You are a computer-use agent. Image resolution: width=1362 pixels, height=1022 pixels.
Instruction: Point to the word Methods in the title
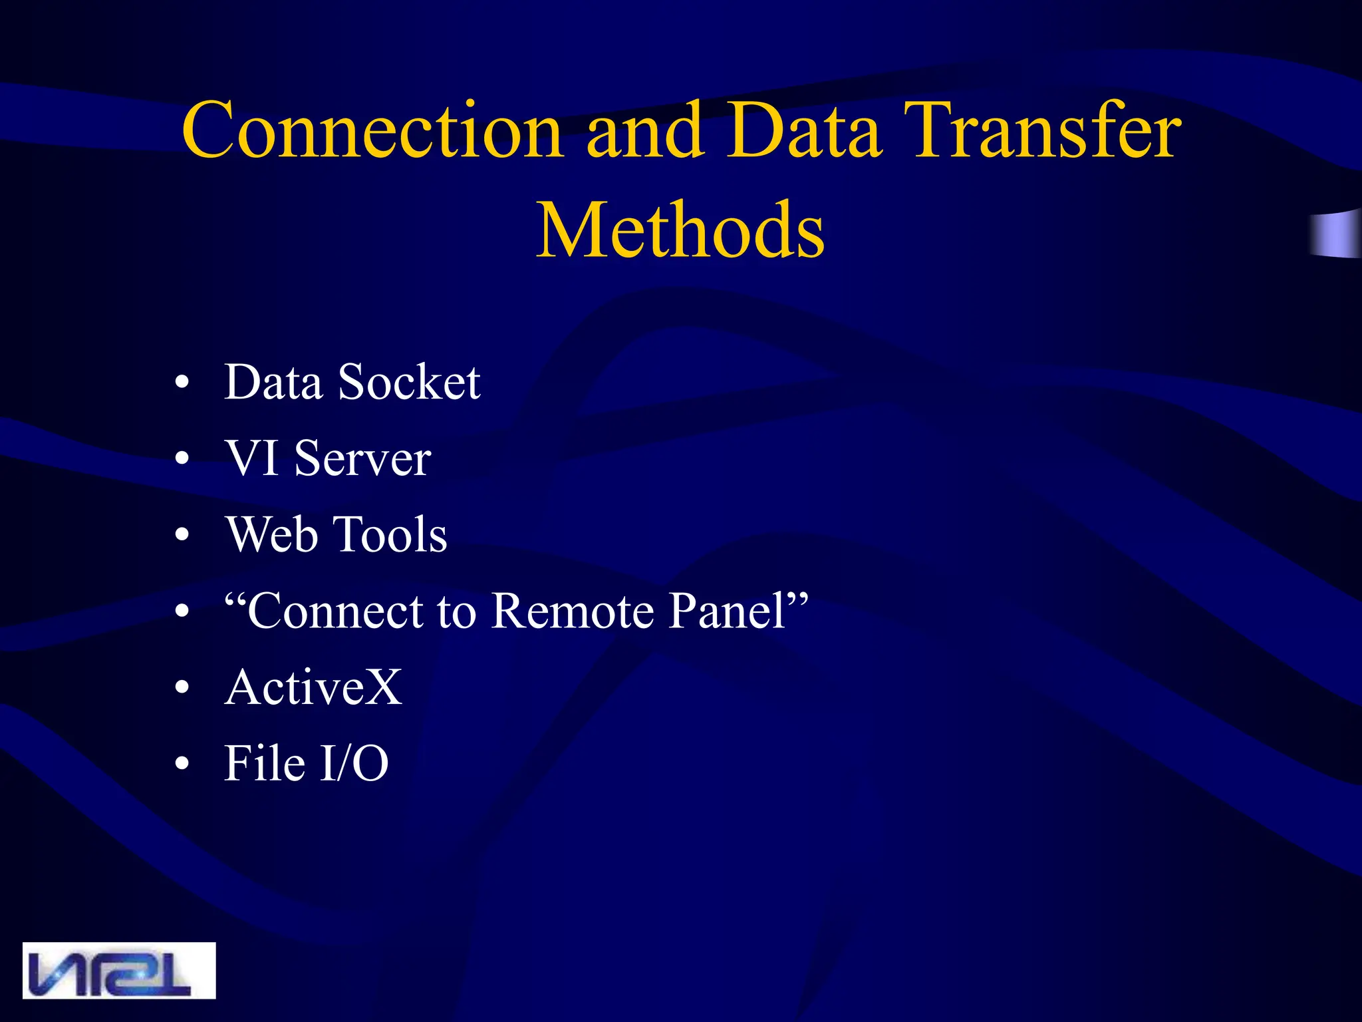(680, 230)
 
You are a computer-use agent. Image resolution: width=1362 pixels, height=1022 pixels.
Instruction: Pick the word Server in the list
(362, 458)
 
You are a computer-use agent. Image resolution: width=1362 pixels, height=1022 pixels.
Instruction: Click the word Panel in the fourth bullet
(728, 611)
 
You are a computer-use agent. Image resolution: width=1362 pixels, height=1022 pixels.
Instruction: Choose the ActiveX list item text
(313, 687)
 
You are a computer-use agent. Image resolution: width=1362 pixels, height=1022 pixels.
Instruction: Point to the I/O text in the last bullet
(354, 763)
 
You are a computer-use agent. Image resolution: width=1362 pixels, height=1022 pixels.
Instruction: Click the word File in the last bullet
(265, 763)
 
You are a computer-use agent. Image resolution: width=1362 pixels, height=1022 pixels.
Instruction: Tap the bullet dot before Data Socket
(182, 385)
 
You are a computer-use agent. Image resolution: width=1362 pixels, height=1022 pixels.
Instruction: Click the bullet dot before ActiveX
(182, 689)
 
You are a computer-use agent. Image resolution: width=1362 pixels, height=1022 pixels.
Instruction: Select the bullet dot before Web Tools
(182, 536)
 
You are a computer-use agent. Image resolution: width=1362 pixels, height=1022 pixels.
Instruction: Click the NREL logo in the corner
(119, 970)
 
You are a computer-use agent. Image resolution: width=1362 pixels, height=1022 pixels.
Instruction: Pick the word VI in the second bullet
(252, 458)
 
